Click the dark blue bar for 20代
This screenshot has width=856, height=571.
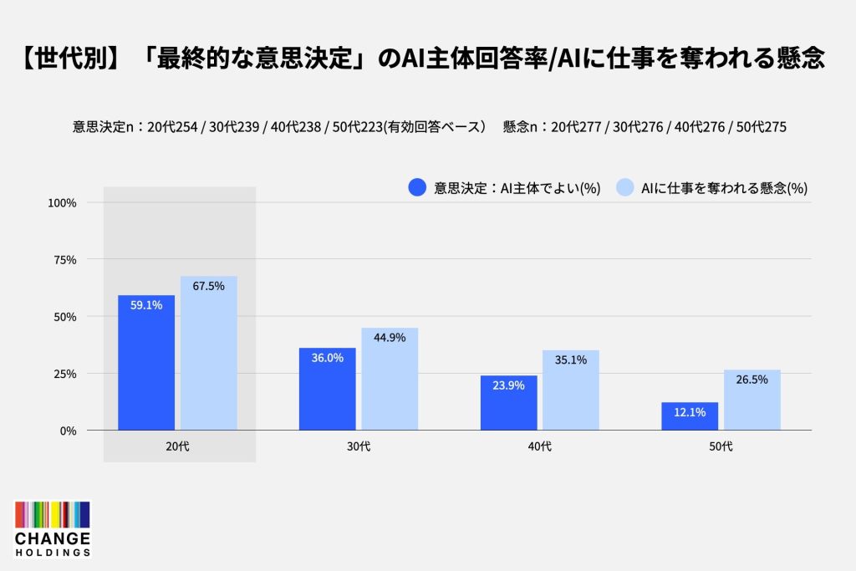click(x=146, y=363)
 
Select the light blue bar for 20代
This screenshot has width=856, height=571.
click(x=208, y=353)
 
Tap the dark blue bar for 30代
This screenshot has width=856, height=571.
click(x=327, y=389)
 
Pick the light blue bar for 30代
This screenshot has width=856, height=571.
click(x=390, y=379)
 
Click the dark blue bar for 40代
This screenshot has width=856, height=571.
click(x=509, y=403)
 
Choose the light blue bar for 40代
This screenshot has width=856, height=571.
click(x=571, y=390)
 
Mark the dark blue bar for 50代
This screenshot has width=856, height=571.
click(x=690, y=416)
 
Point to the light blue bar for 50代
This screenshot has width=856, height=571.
click(x=752, y=400)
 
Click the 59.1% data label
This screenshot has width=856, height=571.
click(x=146, y=305)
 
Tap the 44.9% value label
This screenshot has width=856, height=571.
click(x=390, y=338)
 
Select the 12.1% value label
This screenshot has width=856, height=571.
click(x=690, y=412)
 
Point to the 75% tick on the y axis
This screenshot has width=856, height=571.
click(x=65, y=260)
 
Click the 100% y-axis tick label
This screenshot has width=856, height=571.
click(x=62, y=203)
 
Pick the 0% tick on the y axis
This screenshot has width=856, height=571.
click(x=69, y=431)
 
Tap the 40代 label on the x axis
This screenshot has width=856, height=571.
click(x=540, y=446)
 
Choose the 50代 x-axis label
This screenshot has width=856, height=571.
click(x=721, y=446)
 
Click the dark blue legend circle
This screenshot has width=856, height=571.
click(x=417, y=187)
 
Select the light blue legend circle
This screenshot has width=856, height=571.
click(x=625, y=187)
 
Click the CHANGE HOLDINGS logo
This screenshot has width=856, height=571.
click(x=53, y=529)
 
